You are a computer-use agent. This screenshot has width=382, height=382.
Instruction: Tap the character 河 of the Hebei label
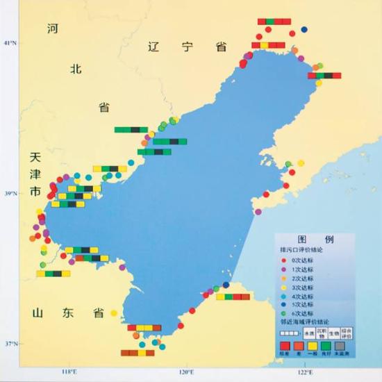(x=53, y=29)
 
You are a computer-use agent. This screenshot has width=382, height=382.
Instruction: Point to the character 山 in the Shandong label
(x=38, y=313)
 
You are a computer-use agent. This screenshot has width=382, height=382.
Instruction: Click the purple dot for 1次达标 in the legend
(x=285, y=269)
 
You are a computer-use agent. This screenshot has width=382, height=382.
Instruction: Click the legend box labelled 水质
(x=307, y=333)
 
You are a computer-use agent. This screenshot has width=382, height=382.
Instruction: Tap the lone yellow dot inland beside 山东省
(x=114, y=313)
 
